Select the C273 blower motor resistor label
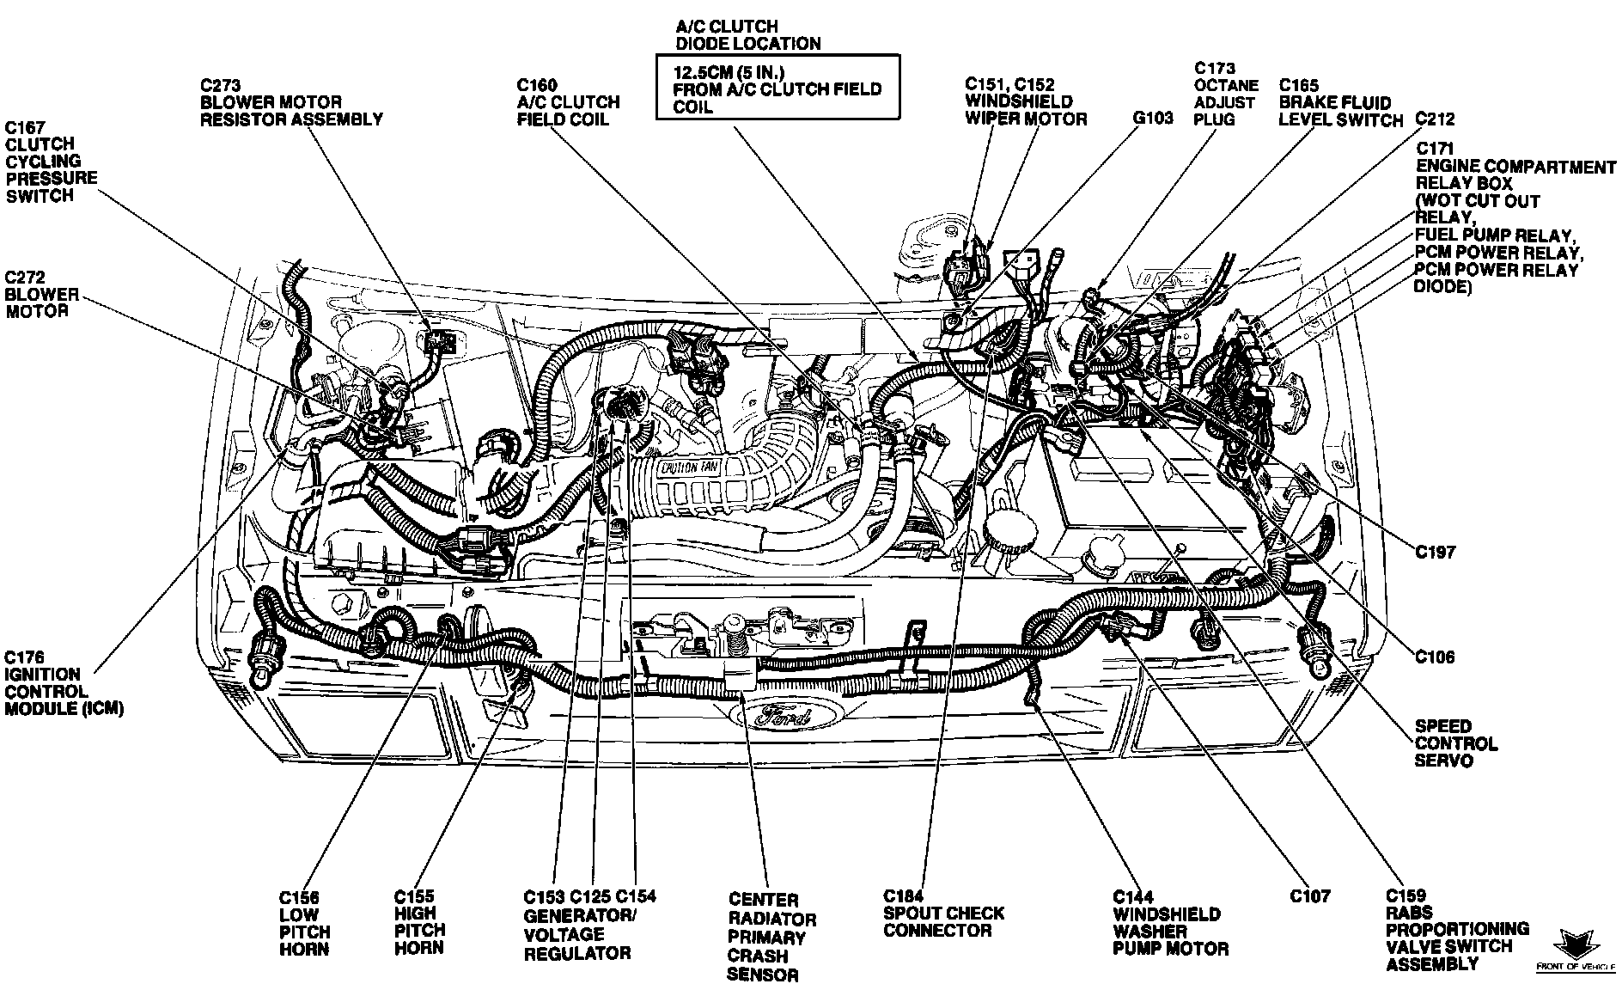click(291, 102)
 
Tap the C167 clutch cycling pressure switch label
click(51, 161)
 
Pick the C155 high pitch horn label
click(419, 922)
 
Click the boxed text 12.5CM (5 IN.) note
click(777, 87)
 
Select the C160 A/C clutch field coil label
click(568, 102)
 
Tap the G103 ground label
click(1153, 119)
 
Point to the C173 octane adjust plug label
click(1226, 94)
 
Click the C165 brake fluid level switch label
click(1340, 102)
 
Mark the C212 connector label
click(1436, 119)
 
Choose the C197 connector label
click(1436, 551)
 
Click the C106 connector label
click(1436, 657)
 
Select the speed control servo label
click(1456, 743)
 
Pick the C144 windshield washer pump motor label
click(1170, 923)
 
